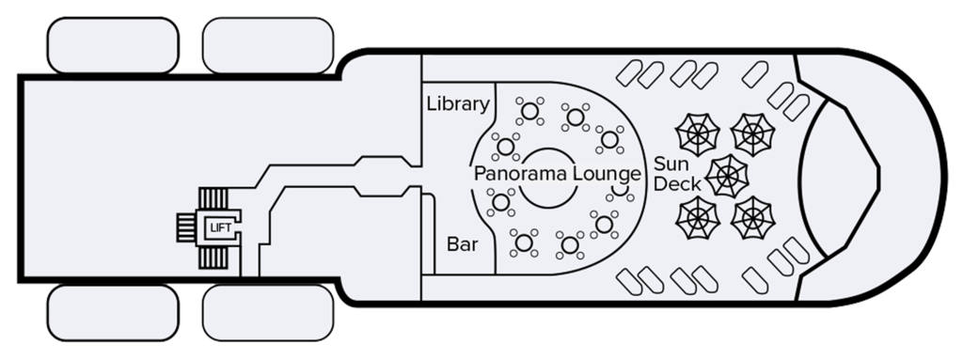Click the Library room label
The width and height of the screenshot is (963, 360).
pyautogui.click(x=459, y=103)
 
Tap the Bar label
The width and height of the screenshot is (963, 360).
pyautogui.click(x=463, y=244)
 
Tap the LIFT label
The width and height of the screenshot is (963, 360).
pyautogui.click(x=219, y=227)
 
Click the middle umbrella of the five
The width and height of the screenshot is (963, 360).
pyautogui.click(x=729, y=175)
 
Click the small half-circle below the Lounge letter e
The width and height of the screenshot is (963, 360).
pyautogui.click(x=621, y=191)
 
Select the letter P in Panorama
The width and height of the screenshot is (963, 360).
pyautogui.click(x=480, y=174)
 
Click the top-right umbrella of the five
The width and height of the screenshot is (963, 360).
pyautogui.click(x=752, y=135)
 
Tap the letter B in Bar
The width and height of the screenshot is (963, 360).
pyautogui.click(x=452, y=244)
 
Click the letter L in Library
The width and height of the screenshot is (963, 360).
pyautogui.click(x=432, y=103)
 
